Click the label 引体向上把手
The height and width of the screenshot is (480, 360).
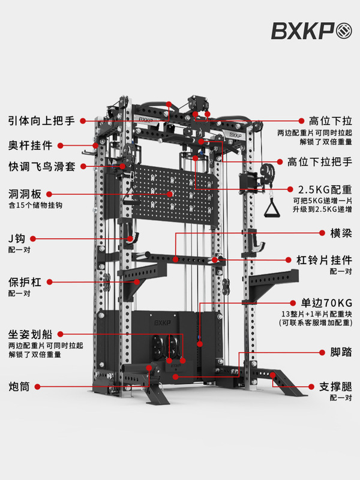pyautogui.click(x=41, y=121)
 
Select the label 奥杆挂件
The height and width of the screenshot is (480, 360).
pyautogui.click(x=31, y=146)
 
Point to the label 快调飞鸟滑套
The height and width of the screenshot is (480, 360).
pyautogui.click(x=41, y=166)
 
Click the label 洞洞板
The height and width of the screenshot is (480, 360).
pyautogui.click(x=25, y=194)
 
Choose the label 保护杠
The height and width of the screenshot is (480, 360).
pyautogui.click(x=25, y=281)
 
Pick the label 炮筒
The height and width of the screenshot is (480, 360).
pyautogui.click(x=20, y=385)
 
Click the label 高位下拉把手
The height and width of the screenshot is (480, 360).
pyautogui.click(x=320, y=162)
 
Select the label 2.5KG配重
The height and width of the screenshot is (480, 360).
pyautogui.click(x=325, y=188)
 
